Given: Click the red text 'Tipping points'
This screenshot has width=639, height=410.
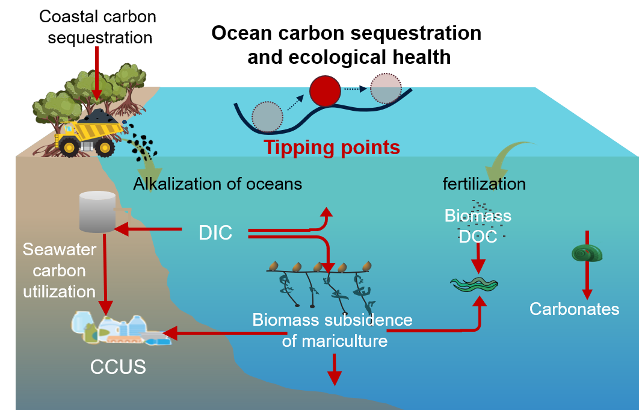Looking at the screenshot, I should coord(332,147).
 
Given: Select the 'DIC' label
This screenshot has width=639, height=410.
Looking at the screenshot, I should coord(215,232).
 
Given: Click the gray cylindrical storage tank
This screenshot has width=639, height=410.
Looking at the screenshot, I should coord(97,212).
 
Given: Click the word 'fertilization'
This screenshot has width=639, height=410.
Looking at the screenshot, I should coord(484,184).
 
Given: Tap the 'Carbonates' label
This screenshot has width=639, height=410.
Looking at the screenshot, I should coord(574,309).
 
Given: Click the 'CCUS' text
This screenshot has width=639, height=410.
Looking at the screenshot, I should coord(118,367).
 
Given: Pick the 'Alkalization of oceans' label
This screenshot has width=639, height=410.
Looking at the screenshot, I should coord(217,184).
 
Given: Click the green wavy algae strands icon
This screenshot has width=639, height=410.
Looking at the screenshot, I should coord(475,284).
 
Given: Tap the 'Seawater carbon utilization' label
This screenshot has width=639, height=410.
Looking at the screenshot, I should coord(59,270).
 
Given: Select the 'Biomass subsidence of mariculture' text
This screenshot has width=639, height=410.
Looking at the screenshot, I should coord(333,330).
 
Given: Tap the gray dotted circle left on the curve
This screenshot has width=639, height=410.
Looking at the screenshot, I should coord(267,117).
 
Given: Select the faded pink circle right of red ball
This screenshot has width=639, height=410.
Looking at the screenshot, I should coord(386,89).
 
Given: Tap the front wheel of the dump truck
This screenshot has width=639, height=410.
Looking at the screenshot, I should coord(69,146).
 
